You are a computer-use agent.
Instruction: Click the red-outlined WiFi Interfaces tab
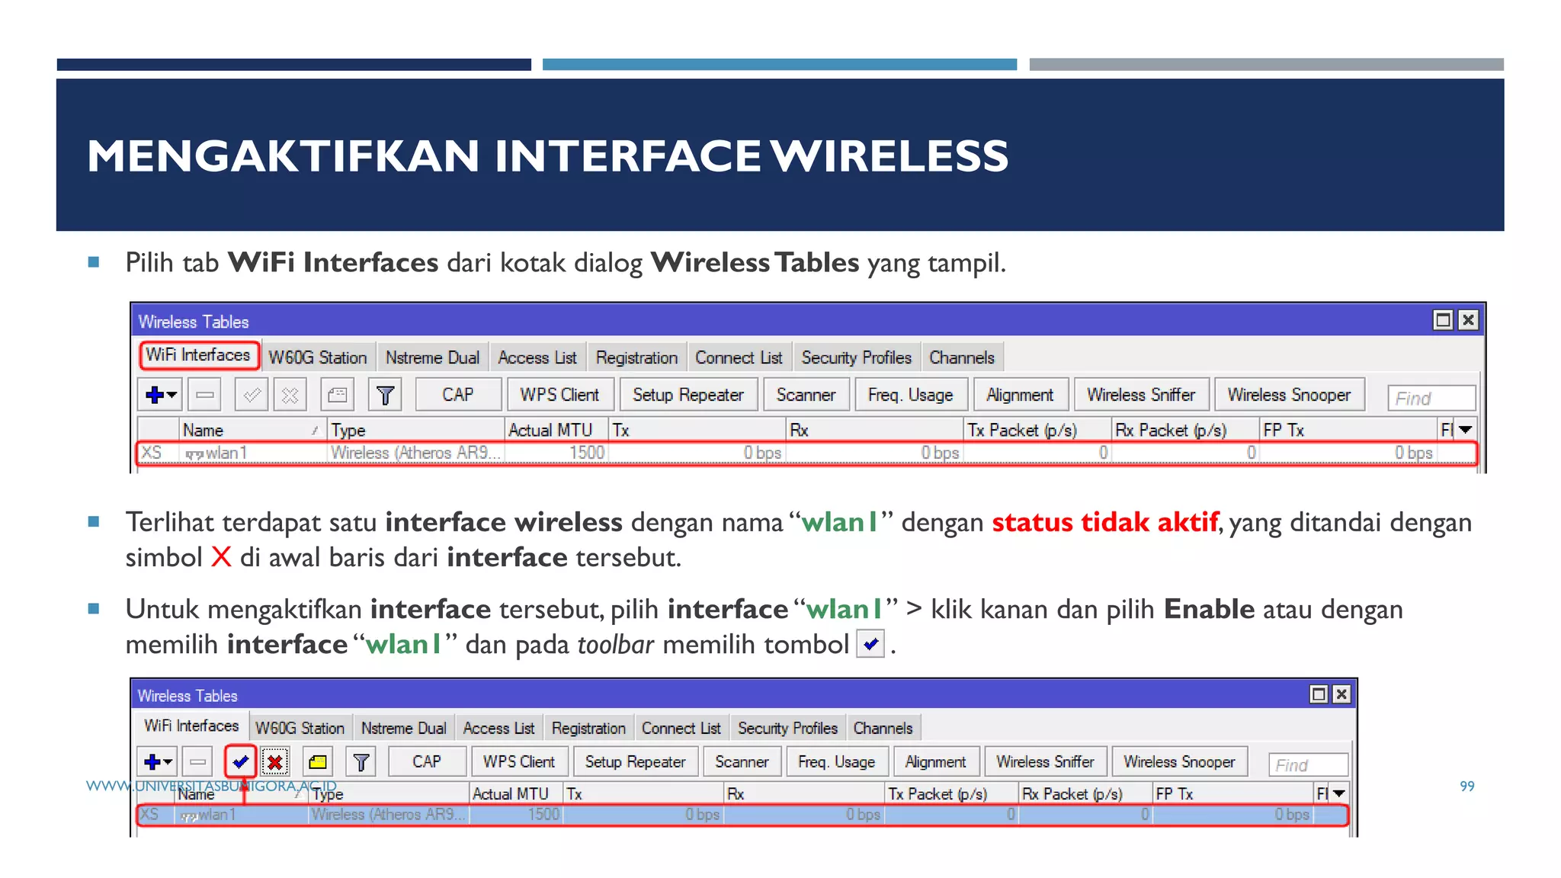pyautogui.click(x=198, y=355)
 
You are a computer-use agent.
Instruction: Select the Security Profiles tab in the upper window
pyautogui.click(x=856, y=357)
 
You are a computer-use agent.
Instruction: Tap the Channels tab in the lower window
pyautogui.click(x=883, y=728)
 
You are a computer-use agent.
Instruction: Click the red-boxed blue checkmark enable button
pyautogui.click(x=241, y=761)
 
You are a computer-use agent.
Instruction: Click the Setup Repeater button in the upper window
pyautogui.click(x=688, y=395)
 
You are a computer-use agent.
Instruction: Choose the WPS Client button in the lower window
pyautogui.click(x=519, y=761)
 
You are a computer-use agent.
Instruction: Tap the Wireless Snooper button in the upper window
pyautogui.click(x=1288, y=395)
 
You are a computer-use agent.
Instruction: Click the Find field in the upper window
pyautogui.click(x=1431, y=398)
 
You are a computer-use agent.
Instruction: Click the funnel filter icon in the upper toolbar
pyautogui.click(x=385, y=395)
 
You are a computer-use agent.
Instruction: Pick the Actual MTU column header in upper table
pyautogui.click(x=550, y=430)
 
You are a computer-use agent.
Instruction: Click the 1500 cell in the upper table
pyautogui.click(x=586, y=453)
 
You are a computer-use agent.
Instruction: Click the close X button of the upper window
pyautogui.click(x=1468, y=320)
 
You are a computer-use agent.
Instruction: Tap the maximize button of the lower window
pyautogui.click(x=1318, y=694)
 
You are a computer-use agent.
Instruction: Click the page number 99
pyautogui.click(x=1467, y=786)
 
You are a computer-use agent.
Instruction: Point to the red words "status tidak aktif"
pyautogui.click(x=1105, y=522)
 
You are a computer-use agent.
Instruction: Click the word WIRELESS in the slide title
pyautogui.click(x=889, y=156)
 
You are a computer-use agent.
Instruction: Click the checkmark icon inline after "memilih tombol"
pyautogui.click(x=870, y=644)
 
